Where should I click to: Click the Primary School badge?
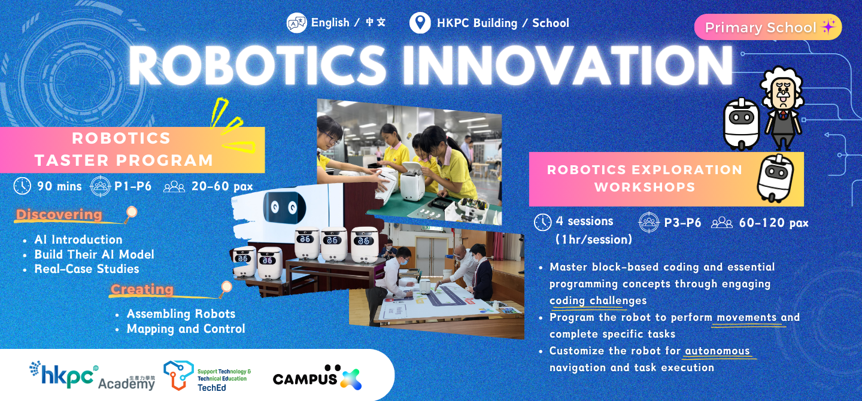point(767,28)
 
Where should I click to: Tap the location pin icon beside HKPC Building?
point(420,23)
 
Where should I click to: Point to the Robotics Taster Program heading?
point(123,149)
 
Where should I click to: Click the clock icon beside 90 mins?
point(22,186)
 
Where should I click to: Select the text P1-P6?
point(133,186)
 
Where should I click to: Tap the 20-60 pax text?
point(222,186)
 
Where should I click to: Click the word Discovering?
point(59,214)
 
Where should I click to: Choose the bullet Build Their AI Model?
point(94,254)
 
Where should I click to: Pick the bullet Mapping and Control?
point(186,329)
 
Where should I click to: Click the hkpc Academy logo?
point(92,376)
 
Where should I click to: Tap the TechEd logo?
point(207,376)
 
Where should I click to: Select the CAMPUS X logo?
point(317,378)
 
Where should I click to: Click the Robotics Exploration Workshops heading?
point(644,178)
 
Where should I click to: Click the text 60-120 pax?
point(773,223)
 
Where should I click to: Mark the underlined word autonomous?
point(717,351)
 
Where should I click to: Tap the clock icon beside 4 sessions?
point(542,222)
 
